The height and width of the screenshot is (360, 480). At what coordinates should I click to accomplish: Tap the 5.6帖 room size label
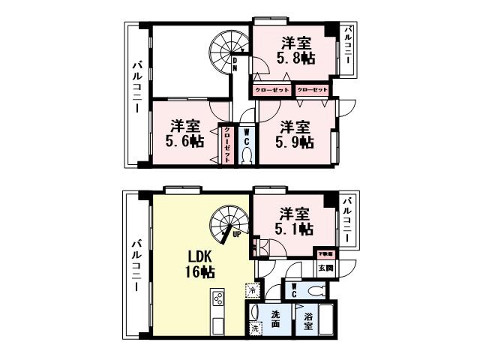pyautogui.click(x=184, y=133)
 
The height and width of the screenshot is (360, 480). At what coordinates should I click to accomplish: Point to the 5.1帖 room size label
pyautogui.click(x=295, y=223)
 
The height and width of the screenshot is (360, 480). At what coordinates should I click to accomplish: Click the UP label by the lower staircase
pyautogui.click(x=237, y=233)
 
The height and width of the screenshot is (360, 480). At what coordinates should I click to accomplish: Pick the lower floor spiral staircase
pyautogui.click(x=227, y=223)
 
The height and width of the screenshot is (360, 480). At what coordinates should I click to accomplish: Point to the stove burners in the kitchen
pyautogui.click(x=218, y=298)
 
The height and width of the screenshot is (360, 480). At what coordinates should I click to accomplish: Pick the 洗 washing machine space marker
pyautogui.click(x=255, y=328)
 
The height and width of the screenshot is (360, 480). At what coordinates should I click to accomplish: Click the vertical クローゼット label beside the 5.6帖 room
pyautogui.click(x=226, y=140)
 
